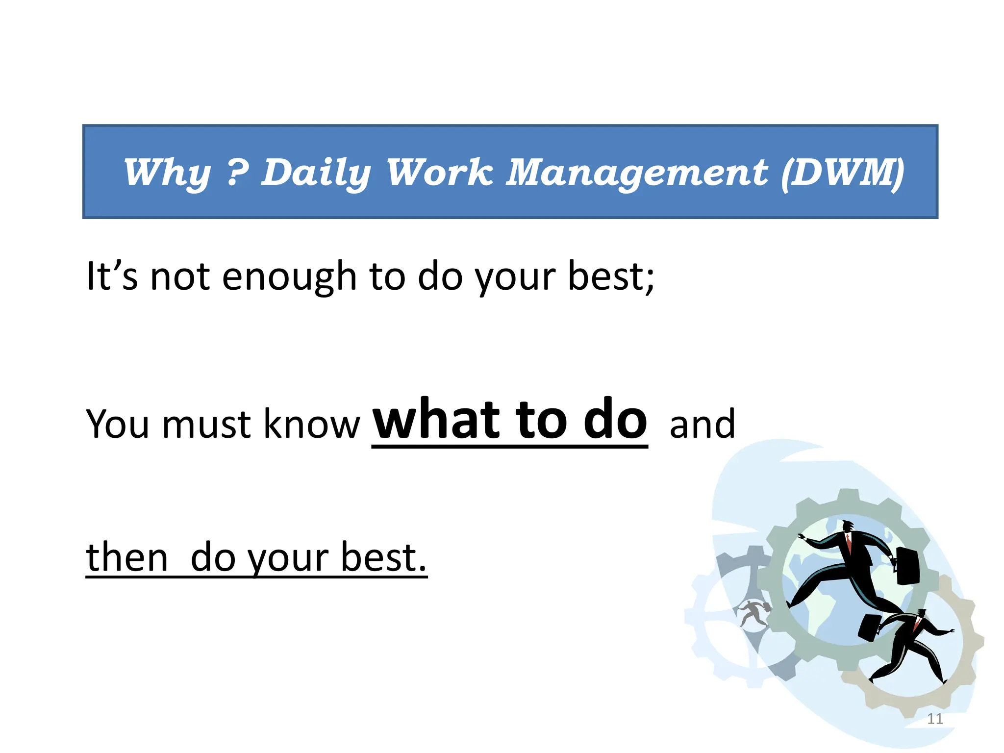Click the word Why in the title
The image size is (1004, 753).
tap(167, 173)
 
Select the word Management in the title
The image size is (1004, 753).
tap(636, 173)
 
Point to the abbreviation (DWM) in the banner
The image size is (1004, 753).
tap(843, 173)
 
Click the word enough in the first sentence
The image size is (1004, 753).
tap(289, 277)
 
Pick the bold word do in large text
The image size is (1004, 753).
tap(615, 419)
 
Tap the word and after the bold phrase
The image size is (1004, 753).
tap(702, 424)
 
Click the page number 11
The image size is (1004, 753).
tap(935, 719)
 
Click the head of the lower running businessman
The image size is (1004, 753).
tap(922, 613)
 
